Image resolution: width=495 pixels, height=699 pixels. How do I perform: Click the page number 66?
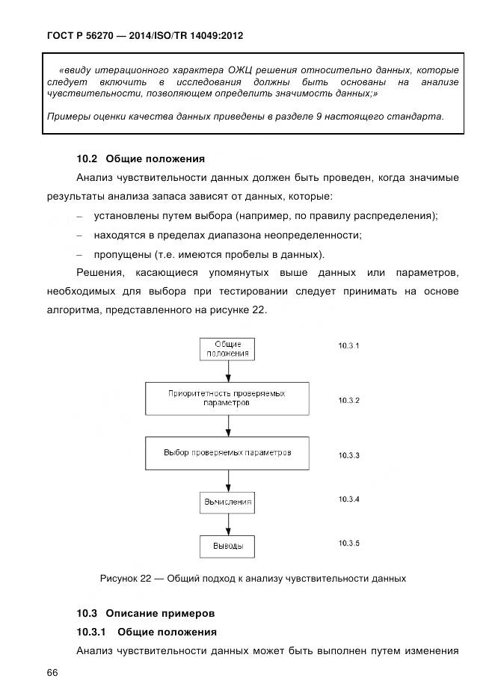pyautogui.click(x=52, y=673)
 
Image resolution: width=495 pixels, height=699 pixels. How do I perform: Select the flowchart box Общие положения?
pyautogui.click(x=227, y=349)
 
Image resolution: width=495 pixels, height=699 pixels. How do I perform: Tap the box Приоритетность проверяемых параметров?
pyautogui.click(x=227, y=398)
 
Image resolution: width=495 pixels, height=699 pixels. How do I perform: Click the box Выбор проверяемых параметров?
pyautogui.click(x=227, y=453)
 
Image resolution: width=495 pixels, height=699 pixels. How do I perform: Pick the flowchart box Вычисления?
pyautogui.click(x=227, y=501)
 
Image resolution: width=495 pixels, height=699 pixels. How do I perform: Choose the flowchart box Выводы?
pyautogui.click(x=227, y=546)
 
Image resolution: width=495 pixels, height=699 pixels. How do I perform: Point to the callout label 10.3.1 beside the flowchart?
pyautogui.click(x=348, y=346)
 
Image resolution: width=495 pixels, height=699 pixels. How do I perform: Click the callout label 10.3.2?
pyautogui.click(x=348, y=401)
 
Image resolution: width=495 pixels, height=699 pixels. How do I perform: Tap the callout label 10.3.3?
pyautogui.click(x=348, y=455)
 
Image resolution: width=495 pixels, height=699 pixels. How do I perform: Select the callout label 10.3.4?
pyautogui.click(x=348, y=499)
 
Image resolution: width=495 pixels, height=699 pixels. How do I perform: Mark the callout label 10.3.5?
pyautogui.click(x=348, y=543)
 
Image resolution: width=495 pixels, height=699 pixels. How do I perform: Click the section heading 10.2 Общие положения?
pyautogui.click(x=140, y=158)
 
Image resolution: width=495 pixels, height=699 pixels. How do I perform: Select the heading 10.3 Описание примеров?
pyautogui.click(x=145, y=613)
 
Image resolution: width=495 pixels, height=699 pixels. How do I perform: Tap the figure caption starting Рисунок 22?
pyautogui.click(x=253, y=578)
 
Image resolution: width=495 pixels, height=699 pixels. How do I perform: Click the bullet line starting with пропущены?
pyautogui.click(x=209, y=253)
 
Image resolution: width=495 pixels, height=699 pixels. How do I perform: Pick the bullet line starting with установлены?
pyautogui.click(x=265, y=216)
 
